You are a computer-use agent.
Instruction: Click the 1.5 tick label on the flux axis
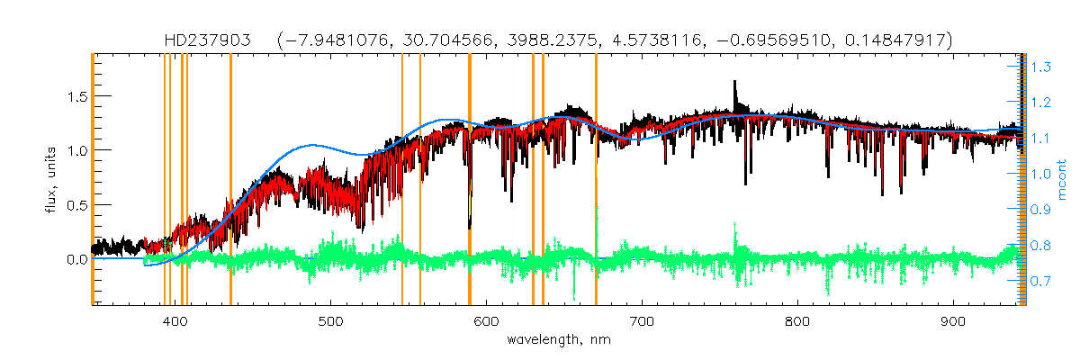click(x=74, y=96)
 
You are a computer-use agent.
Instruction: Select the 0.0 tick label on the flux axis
click(x=74, y=259)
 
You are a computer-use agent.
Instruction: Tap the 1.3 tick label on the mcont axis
click(x=1042, y=67)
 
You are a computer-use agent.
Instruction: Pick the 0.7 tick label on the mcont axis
click(x=1042, y=282)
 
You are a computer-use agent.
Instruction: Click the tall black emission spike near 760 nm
click(x=735, y=90)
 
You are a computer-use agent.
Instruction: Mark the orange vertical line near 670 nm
click(x=596, y=180)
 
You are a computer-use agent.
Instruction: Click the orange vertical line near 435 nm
click(x=230, y=180)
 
